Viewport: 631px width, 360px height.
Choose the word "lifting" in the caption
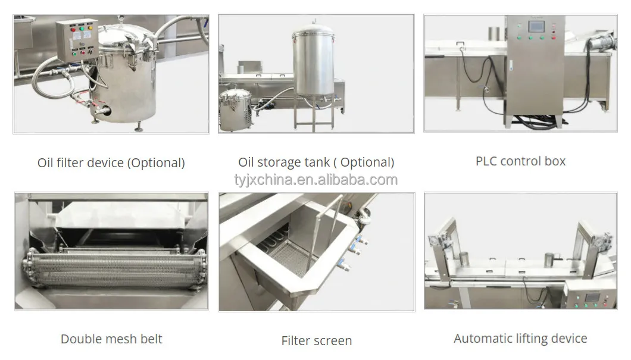[529, 339]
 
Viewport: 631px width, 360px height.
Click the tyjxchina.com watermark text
[315, 180]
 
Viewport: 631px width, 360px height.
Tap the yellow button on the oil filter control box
[82, 27]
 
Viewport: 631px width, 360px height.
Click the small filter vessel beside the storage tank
[236, 110]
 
